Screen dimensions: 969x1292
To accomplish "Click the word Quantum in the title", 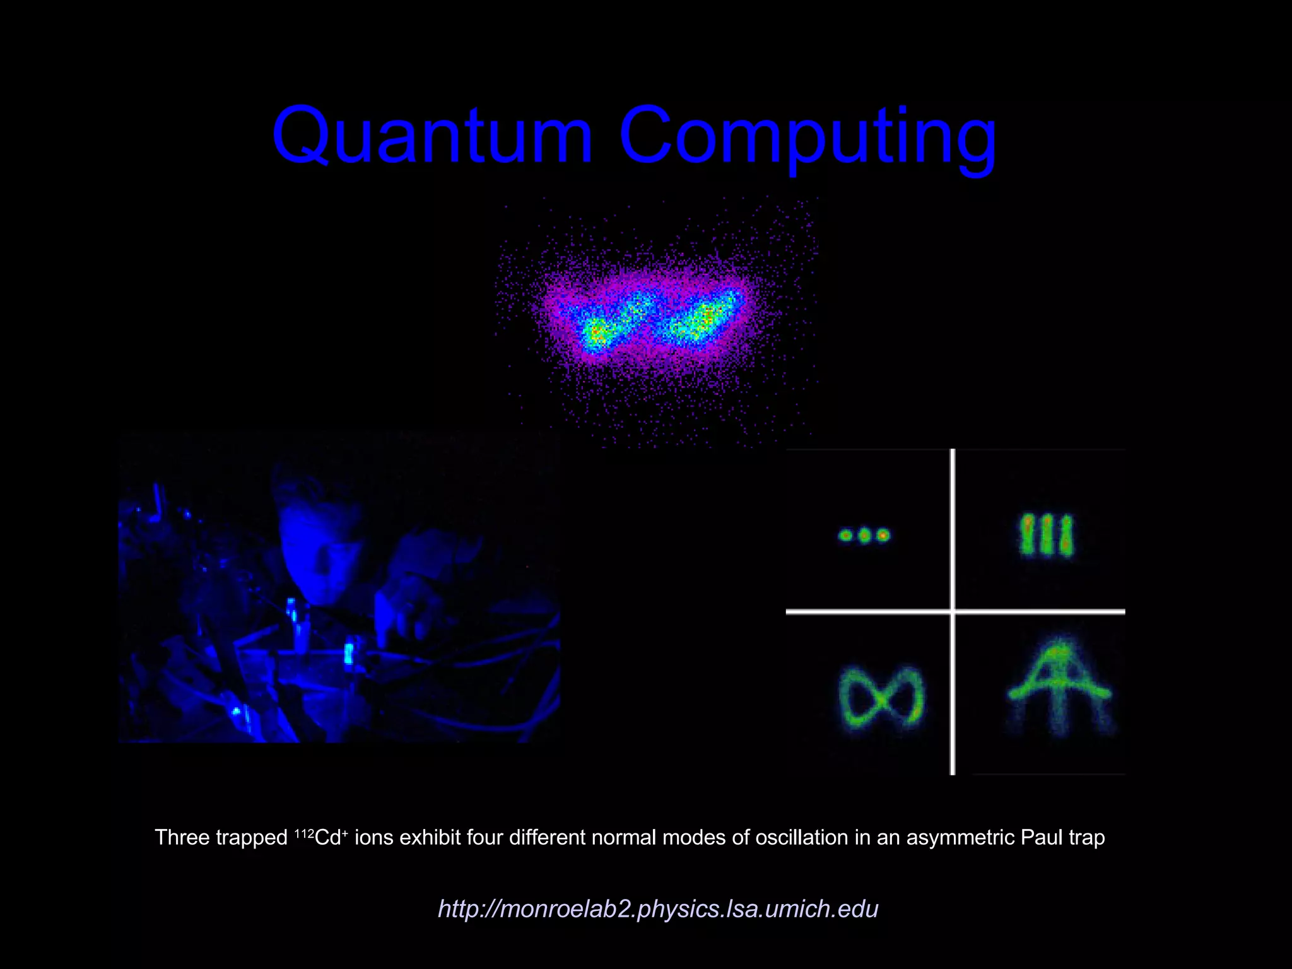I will [x=432, y=136].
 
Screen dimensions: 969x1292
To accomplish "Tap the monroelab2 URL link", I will [x=658, y=908].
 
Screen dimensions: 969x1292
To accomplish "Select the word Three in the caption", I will [x=182, y=837].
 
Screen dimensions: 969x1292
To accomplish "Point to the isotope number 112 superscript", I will [x=304, y=833].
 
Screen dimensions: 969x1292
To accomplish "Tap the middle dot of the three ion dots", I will [x=864, y=536].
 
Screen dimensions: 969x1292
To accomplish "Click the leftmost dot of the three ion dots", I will [x=845, y=536].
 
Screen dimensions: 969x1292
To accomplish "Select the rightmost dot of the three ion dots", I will [x=883, y=536].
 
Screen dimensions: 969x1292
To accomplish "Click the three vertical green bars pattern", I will [x=1046, y=536].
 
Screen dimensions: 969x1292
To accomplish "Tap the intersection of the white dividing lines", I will [x=953, y=611].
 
